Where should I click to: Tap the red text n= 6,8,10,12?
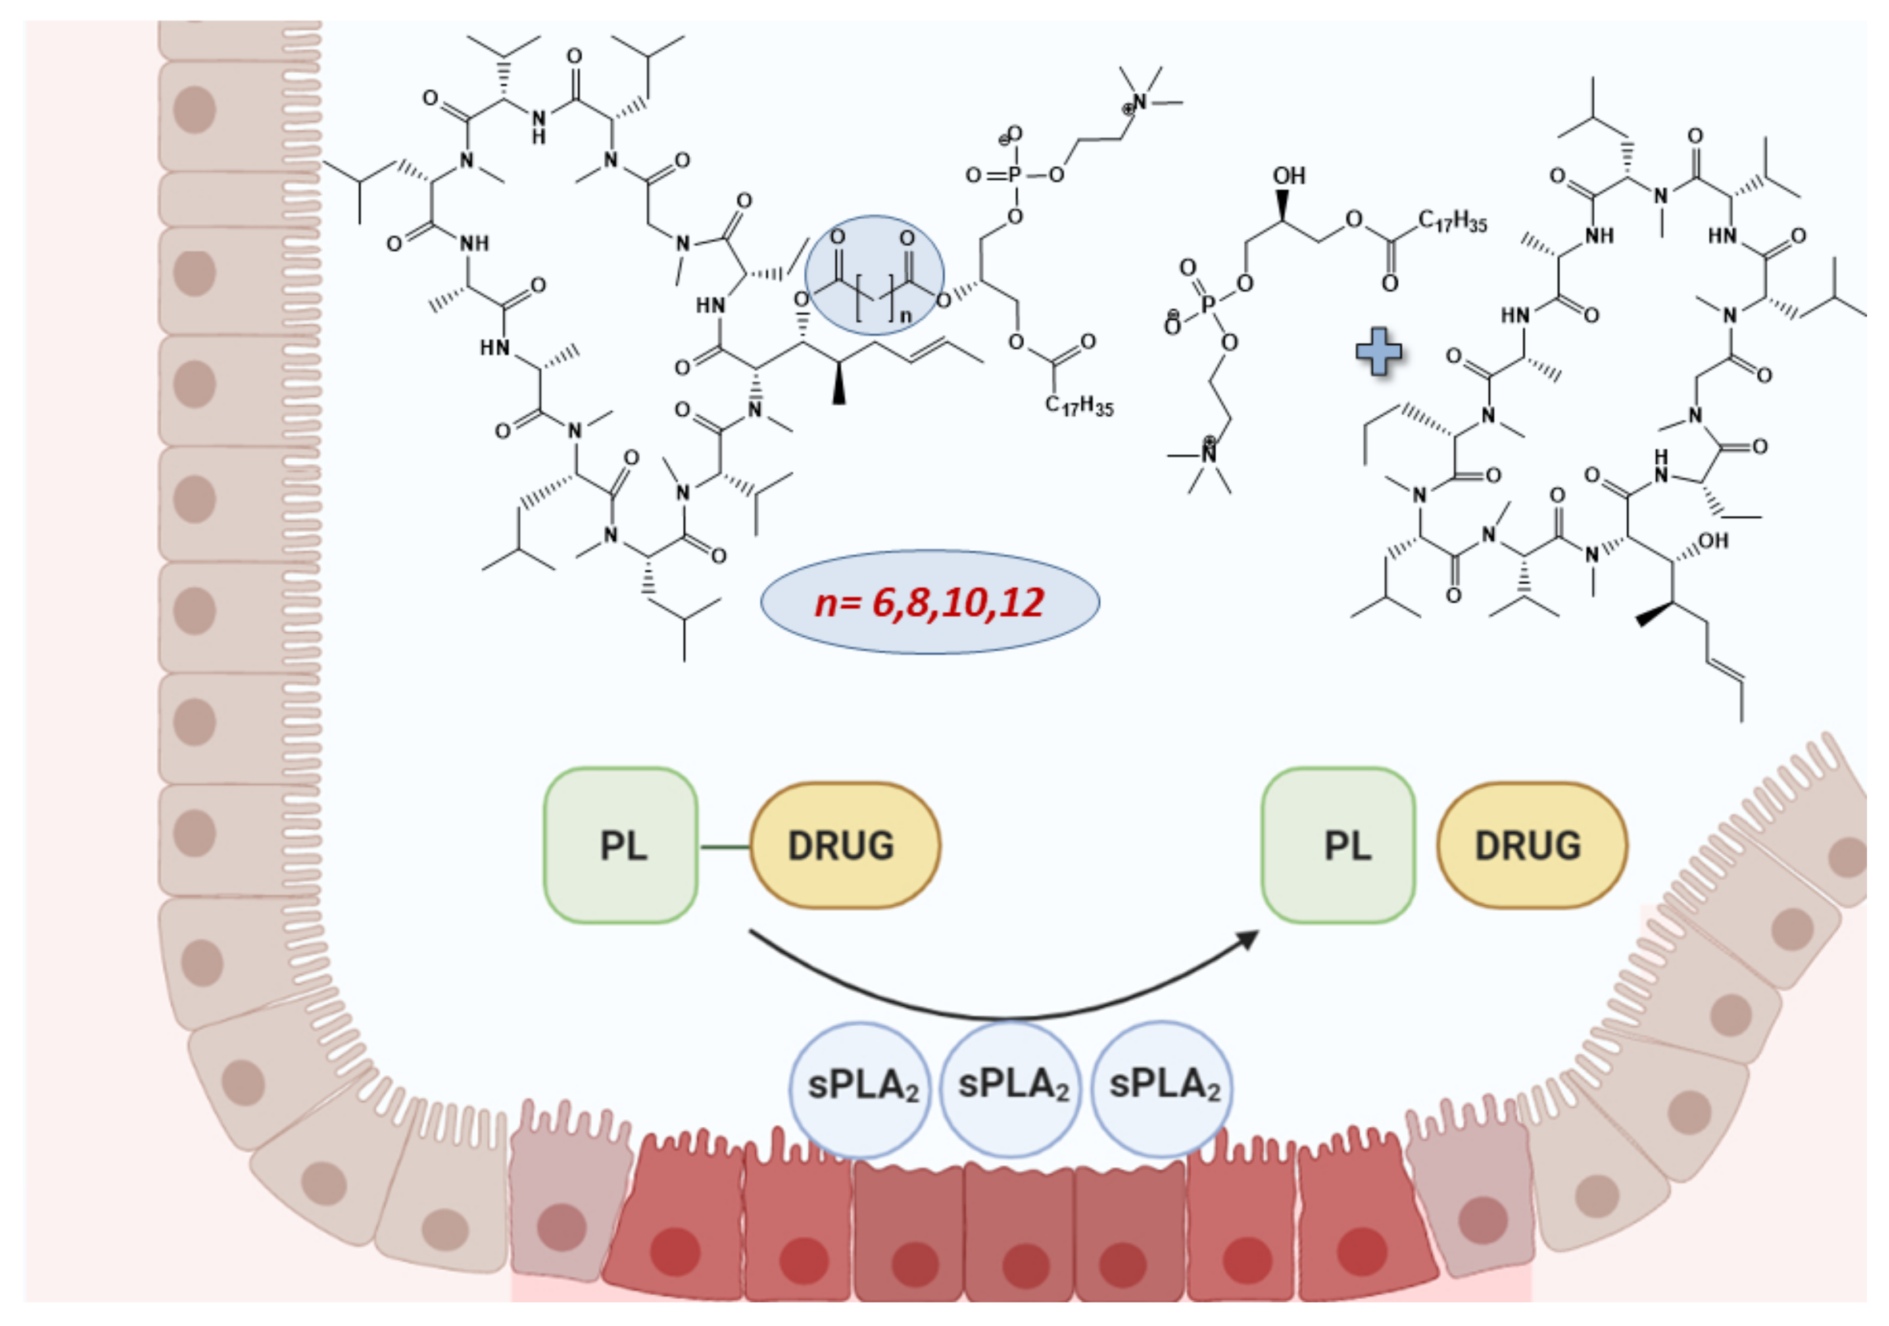[x=929, y=602]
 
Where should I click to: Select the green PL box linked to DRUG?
[x=621, y=845]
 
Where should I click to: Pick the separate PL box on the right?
[x=1339, y=845]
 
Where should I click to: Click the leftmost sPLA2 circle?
[x=861, y=1086]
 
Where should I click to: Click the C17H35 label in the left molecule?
[x=1078, y=405]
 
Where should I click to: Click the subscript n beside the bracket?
[x=906, y=314]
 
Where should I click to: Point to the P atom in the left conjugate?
[x=1014, y=175]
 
